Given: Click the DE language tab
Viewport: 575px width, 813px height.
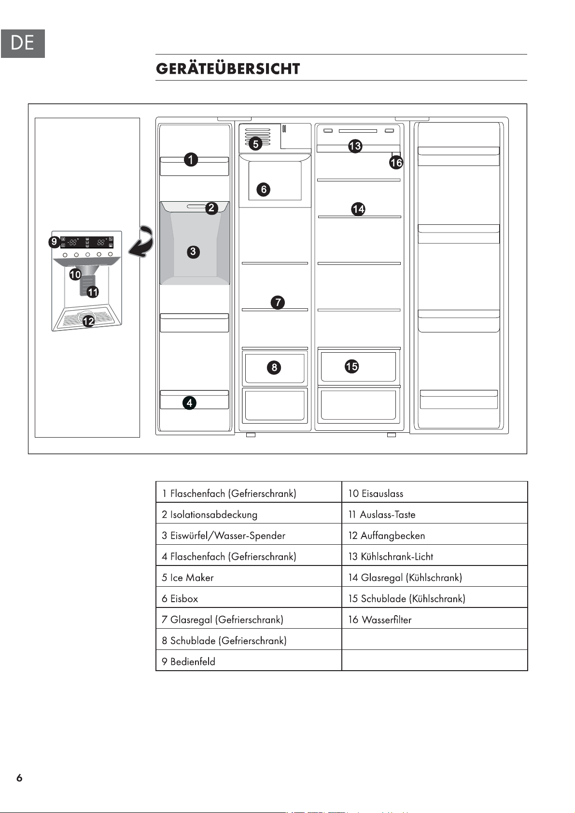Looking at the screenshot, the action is [23, 43].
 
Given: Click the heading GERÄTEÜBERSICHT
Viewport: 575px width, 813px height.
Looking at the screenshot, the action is [228, 69].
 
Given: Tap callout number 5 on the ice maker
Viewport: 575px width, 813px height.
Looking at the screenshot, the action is [256, 144].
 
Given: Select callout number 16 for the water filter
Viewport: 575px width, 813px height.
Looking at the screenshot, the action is [396, 162].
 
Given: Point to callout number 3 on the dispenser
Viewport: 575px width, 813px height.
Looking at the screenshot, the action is [193, 251].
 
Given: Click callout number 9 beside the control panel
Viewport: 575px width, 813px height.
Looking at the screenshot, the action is [55, 242].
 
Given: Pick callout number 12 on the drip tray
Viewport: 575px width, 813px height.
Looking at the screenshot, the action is [88, 321].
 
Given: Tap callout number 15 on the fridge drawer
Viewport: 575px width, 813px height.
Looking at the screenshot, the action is [351, 366].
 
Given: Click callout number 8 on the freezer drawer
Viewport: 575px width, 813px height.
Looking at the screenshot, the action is [274, 367].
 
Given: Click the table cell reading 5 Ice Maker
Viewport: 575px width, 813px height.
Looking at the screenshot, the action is [249, 578].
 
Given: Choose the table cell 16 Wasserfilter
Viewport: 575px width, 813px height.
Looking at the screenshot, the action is [435, 620].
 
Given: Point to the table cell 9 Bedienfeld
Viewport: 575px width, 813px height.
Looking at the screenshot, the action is [249, 661].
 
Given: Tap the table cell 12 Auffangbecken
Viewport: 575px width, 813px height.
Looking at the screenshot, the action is [435, 536].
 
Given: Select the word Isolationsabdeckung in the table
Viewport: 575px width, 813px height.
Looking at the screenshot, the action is [213, 515].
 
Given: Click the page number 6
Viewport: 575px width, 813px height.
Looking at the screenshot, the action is [19, 778].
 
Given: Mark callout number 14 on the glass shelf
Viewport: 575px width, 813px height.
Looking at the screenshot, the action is [358, 209].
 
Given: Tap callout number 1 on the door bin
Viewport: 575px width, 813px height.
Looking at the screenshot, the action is [191, 159].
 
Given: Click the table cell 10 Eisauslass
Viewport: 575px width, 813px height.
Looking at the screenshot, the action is [435, 493].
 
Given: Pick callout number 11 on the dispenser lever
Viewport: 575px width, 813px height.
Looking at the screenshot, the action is [93, 292].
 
